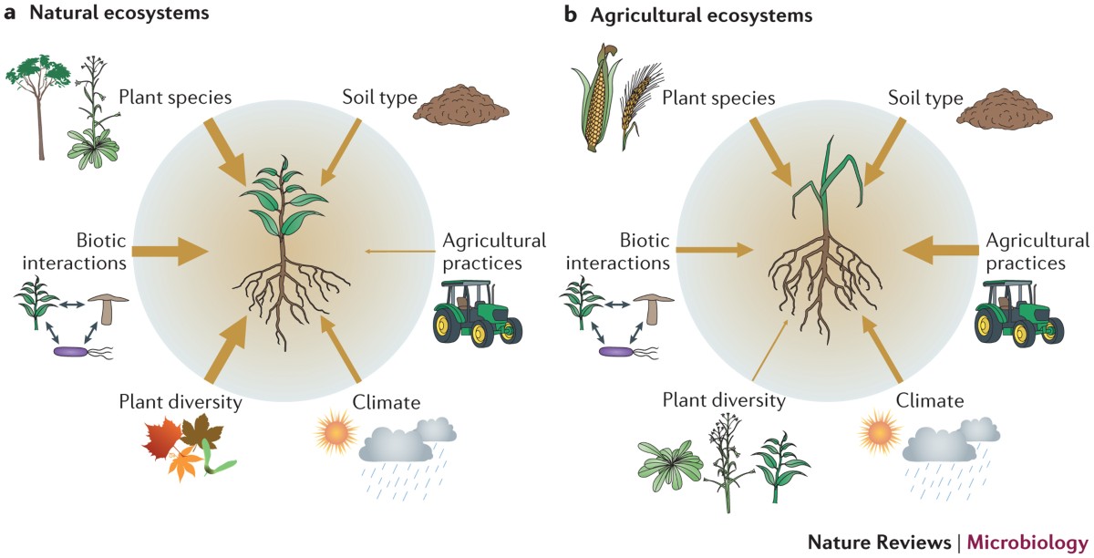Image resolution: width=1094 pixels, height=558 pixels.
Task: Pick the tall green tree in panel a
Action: coord(40,100)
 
